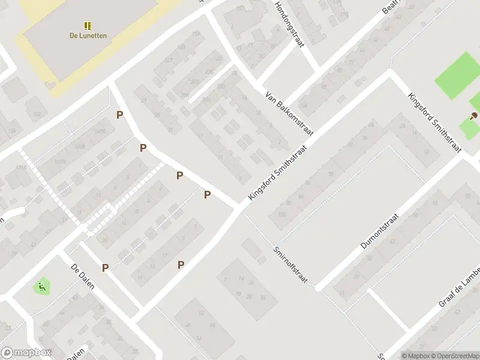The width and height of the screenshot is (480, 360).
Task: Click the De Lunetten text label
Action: tap(88, 35)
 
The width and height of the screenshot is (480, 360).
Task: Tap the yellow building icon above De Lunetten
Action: tap(88, 26)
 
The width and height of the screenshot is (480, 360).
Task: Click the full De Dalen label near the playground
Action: tap(83, 277)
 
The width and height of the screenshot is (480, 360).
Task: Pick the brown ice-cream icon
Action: tap(475, 115)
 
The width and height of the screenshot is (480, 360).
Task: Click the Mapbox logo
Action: tap(26, 353)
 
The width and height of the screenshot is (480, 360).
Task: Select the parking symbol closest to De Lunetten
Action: tap(120, 115)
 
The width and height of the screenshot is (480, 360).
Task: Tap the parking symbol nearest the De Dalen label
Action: tap(106, 268)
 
